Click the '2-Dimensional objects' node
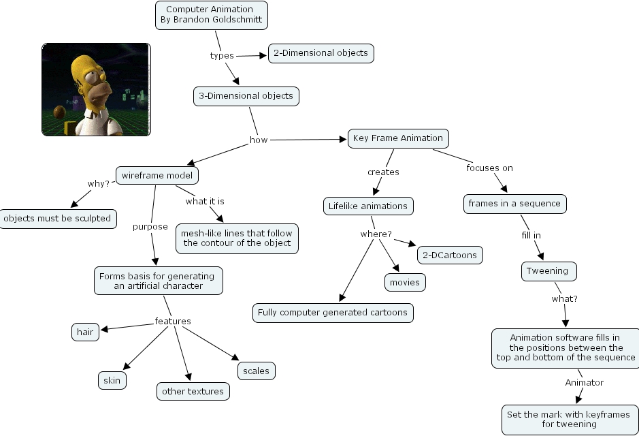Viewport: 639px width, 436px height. (321, 53)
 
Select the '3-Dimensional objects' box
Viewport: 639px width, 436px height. (246, 96)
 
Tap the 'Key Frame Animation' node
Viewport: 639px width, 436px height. (398, 138)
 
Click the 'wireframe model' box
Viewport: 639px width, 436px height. (157, 176)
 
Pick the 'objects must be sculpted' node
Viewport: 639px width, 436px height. (57, 219)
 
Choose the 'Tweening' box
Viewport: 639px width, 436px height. (548, 271)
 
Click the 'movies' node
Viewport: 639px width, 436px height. (405, 282)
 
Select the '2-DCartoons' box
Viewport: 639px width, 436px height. (450, 255)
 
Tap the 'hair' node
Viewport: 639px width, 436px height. (85, 332)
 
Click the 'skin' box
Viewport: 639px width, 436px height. (112, 380)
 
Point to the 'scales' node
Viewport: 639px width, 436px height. (256, 371)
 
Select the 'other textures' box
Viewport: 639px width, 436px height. (193, 391)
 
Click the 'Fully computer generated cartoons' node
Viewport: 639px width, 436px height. (333, 313)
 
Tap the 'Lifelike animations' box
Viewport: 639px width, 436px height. (367, 206)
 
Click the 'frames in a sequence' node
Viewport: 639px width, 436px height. (514, 204)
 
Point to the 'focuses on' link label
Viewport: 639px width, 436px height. (489, 168)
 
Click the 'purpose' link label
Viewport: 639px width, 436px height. (150, 227)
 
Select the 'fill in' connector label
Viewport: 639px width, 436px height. (531, 236)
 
